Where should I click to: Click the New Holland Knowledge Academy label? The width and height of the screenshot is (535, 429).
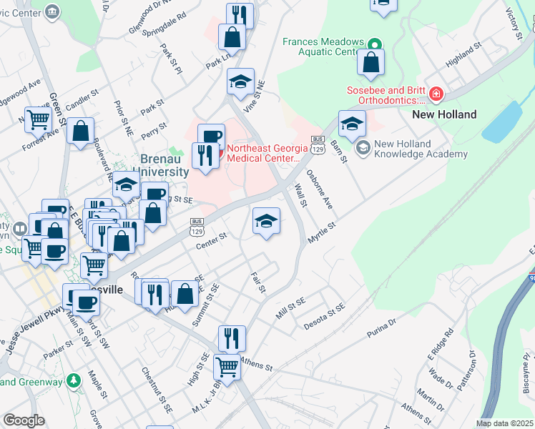(x=412, y=149)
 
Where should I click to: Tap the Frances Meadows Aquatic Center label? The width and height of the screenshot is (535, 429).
(x=323, y=47)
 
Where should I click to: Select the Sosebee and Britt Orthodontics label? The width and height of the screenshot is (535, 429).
(x=386, y=96)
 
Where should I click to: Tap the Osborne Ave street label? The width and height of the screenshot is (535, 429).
(x=319, y=189)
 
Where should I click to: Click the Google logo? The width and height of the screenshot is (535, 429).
(x=24, y=420)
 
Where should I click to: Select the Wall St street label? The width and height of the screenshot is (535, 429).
(x=301, y=196)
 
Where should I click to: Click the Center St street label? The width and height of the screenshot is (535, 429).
(x=212, y=241)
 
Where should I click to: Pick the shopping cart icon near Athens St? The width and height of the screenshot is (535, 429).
(x=227, y=367)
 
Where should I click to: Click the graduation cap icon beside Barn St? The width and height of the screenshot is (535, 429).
(x=352, y=123)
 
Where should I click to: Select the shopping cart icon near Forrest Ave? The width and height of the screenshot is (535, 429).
(x=38, y=119)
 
